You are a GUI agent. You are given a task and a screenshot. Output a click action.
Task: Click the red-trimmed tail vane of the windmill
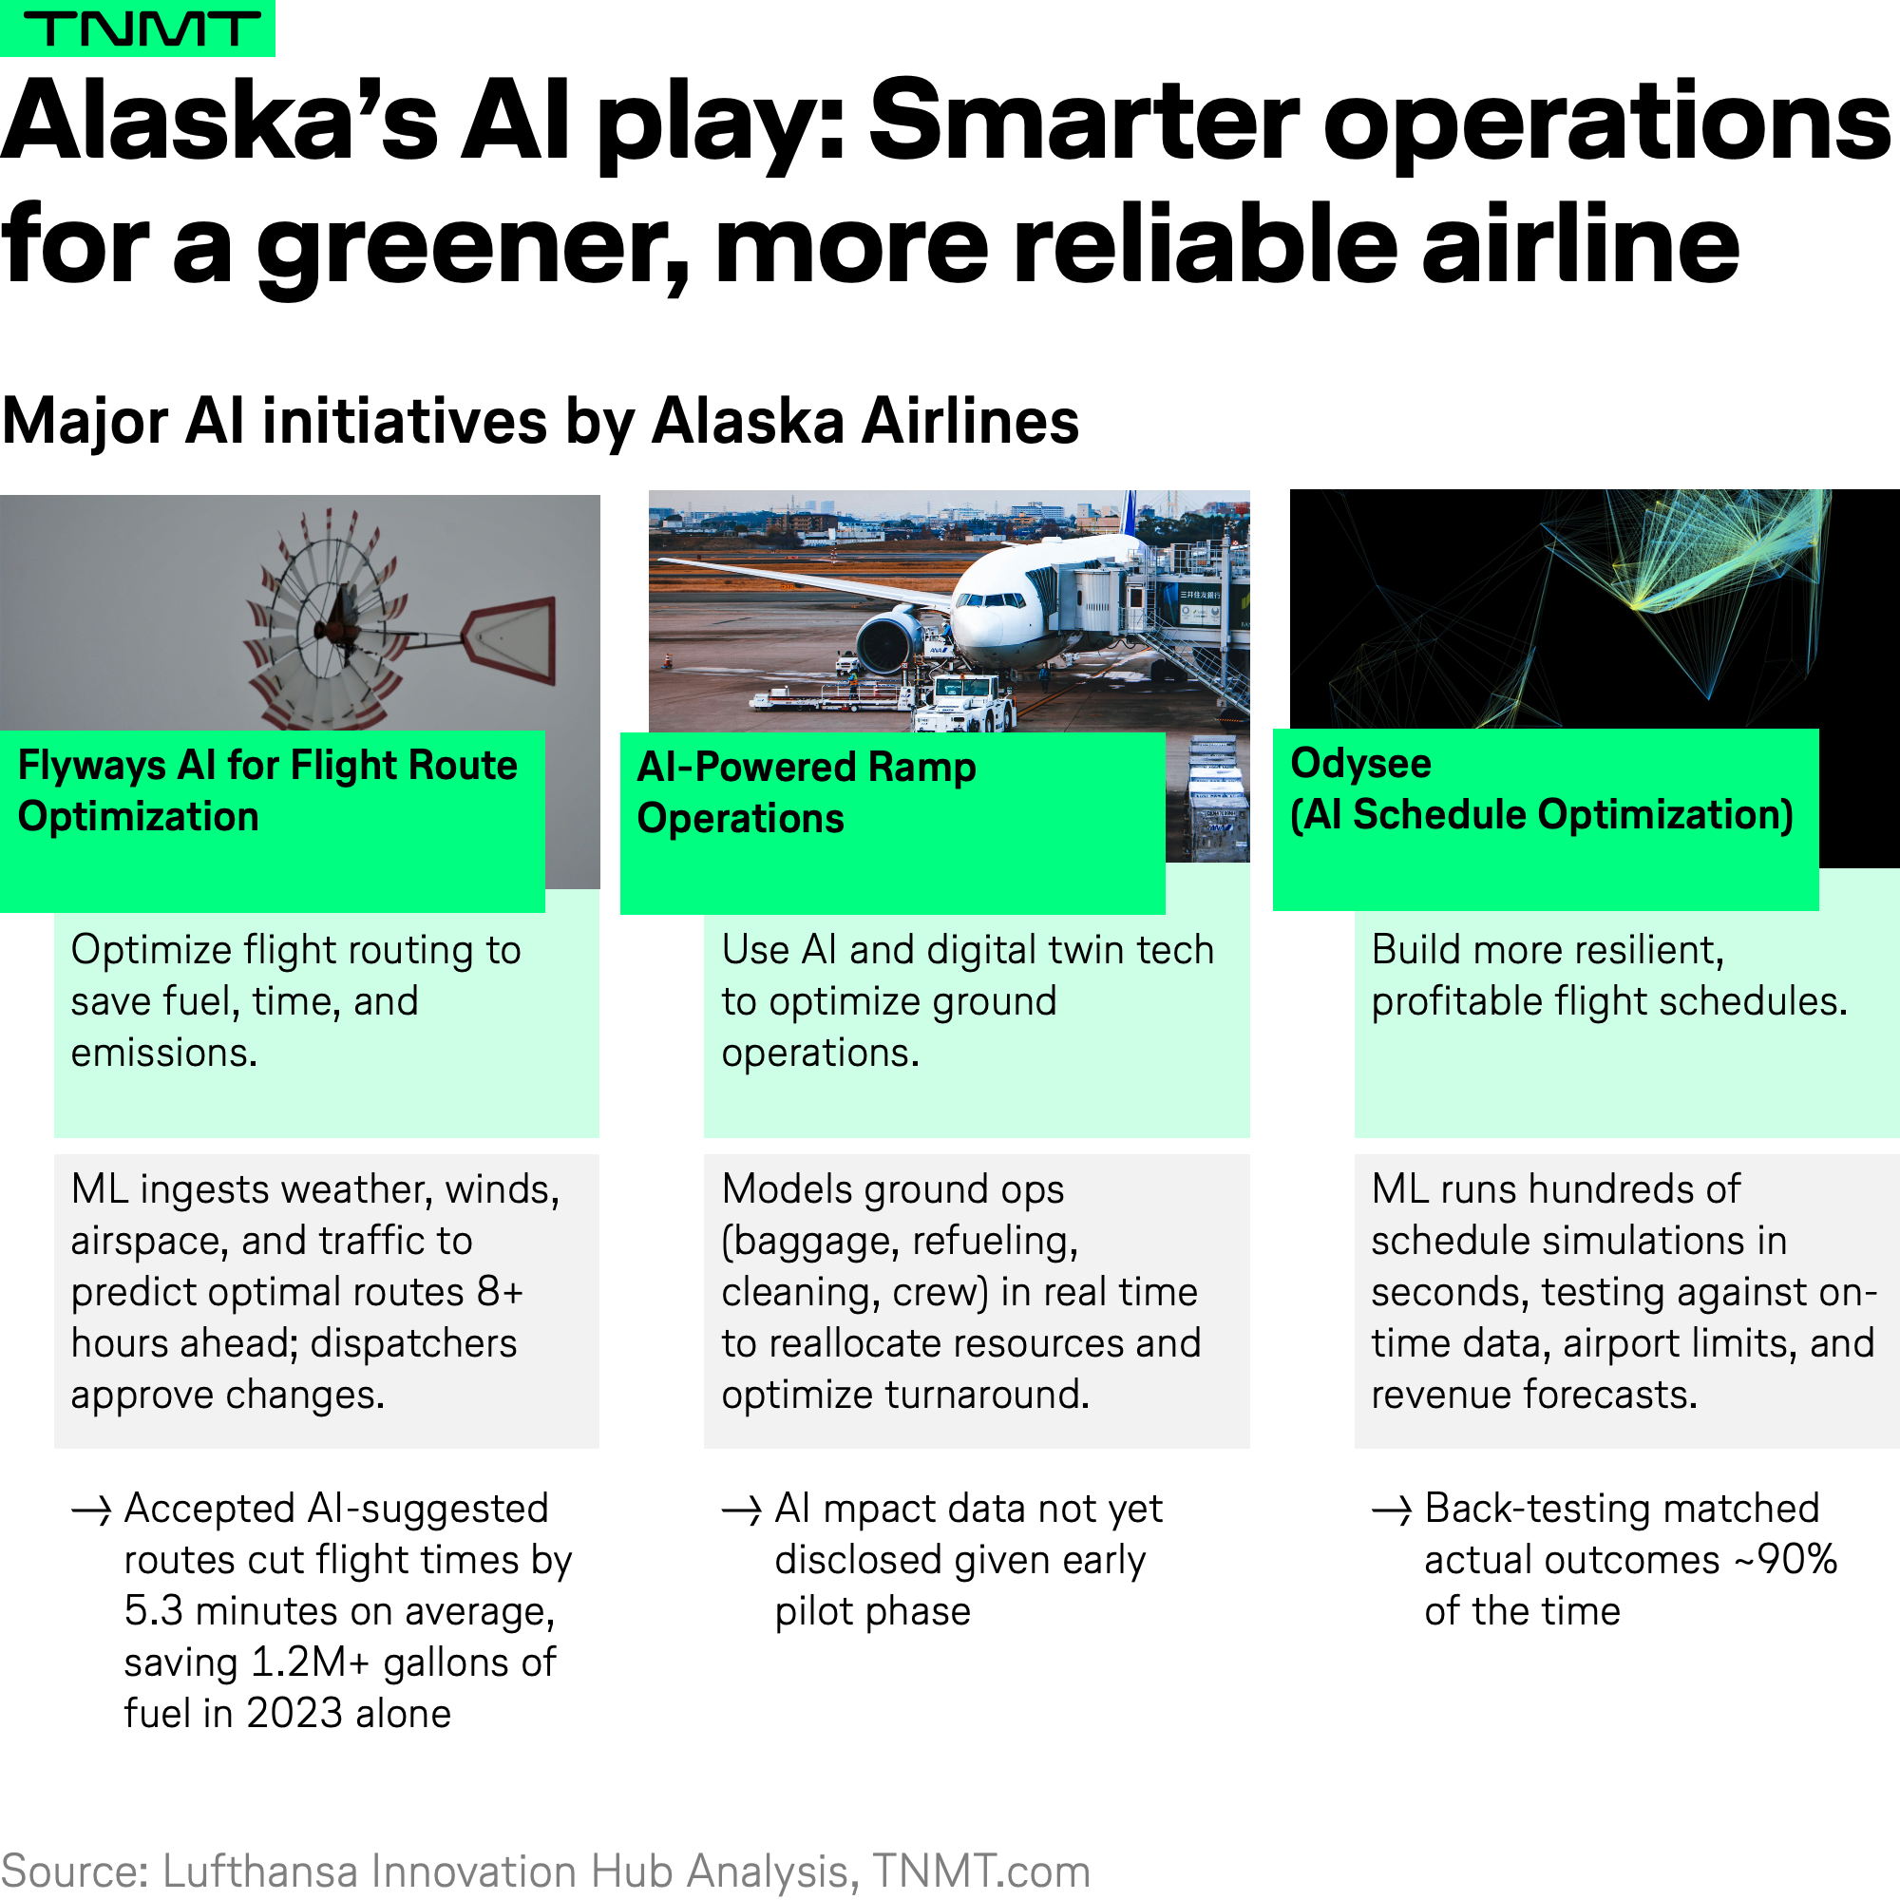(x=509, y=639)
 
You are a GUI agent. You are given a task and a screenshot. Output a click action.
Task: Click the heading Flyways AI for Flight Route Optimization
(x=268, y=790)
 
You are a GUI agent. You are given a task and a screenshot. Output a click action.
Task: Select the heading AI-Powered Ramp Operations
(x=807, y=792)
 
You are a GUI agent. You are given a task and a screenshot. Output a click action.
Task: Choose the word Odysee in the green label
(x=1361, y=763)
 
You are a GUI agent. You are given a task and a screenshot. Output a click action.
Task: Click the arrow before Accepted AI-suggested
(x=91, y=1510)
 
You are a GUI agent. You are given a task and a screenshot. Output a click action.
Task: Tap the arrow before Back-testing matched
(x=1392, y=1510)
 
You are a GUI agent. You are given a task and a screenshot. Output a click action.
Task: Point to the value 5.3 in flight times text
(x=153, y=1612)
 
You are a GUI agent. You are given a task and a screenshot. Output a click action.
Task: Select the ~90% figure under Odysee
(x=1786, y=1561)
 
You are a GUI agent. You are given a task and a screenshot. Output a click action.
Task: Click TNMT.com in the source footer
(x=981, y=1871)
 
